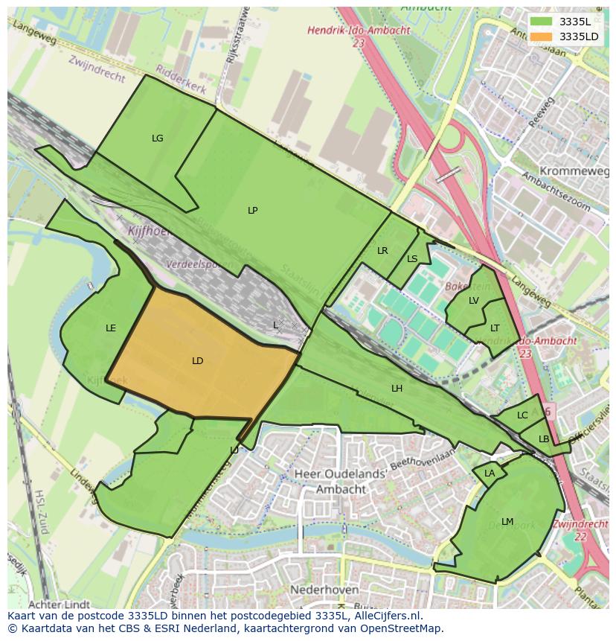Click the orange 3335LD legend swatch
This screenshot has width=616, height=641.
tap(542, 36)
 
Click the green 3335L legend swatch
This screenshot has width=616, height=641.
tap(542, 22)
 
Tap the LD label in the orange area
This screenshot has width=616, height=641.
tap(197, 361)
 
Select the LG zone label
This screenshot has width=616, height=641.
tap(157, 138)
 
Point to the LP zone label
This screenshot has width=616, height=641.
tap(252, 211)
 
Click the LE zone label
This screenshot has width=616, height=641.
tap(111, 328)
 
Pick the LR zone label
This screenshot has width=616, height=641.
tap(382, 251)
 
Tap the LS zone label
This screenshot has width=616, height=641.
tap(412, 259)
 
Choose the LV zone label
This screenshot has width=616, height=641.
tap(474, 301)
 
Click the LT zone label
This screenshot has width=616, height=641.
tap(495, 328)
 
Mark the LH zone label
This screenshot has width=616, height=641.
tap(397, 389)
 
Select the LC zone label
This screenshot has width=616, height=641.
tap(522, 415)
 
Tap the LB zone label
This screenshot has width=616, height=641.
tap(544, 439)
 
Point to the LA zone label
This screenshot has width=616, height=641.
tap(490, 473)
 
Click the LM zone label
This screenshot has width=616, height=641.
tap(507, 522)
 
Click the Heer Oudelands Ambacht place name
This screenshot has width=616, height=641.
tap(341, 482)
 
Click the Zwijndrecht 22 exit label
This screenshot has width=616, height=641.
tap(581, 530)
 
